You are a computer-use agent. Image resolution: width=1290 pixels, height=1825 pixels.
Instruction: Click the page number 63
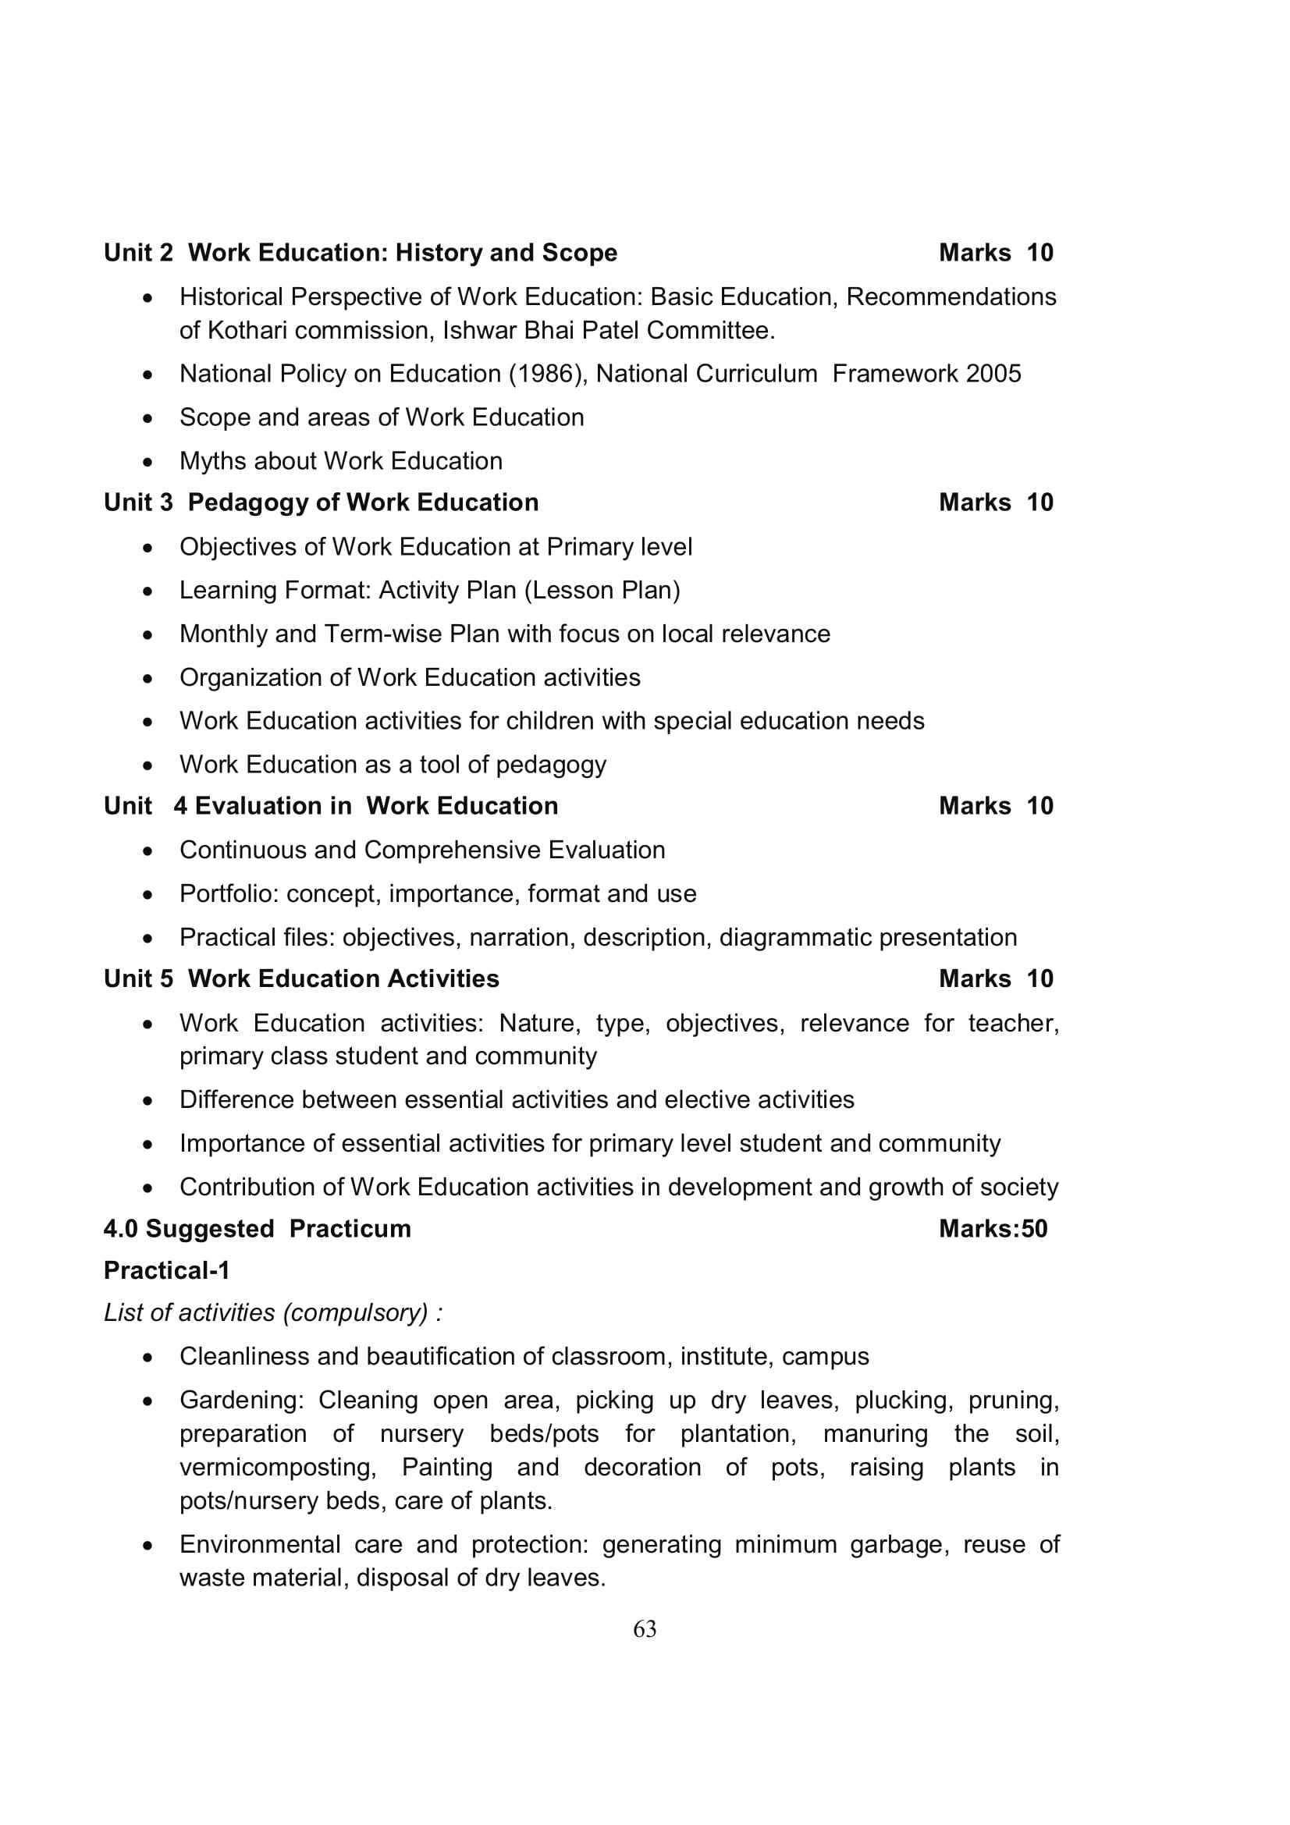pyautogui.click(x=645, y=1629)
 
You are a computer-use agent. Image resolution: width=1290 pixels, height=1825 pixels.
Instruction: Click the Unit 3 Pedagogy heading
pyautogui.click(x=321, y=502)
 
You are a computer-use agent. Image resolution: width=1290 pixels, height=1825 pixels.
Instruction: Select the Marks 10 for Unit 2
pyautogui.click(x=995, y=253)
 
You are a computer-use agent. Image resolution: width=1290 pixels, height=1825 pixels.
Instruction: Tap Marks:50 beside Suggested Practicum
pyautogui.click(x=993, y=1229)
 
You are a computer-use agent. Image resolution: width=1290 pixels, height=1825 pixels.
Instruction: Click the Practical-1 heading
pyautogui.click(x=167, y=1270)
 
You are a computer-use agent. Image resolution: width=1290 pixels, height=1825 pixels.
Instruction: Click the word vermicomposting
pyautogui.click(x=277, y=1468)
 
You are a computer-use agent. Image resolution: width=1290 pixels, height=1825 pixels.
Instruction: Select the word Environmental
pyautogui.click(x=256, y=1544)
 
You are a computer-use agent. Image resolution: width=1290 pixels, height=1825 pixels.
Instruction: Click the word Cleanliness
pyautogui.click(x=245, y=1356)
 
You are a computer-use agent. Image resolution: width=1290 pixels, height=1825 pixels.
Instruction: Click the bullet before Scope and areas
pyautogui.click(x=147, y=418)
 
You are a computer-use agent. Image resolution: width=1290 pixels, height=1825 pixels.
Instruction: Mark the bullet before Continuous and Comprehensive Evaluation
pyautogui.click(x=147, y=851)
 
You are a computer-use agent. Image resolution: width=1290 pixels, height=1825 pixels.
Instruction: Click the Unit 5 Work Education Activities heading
pyautogui.click(x=301, y=978)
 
